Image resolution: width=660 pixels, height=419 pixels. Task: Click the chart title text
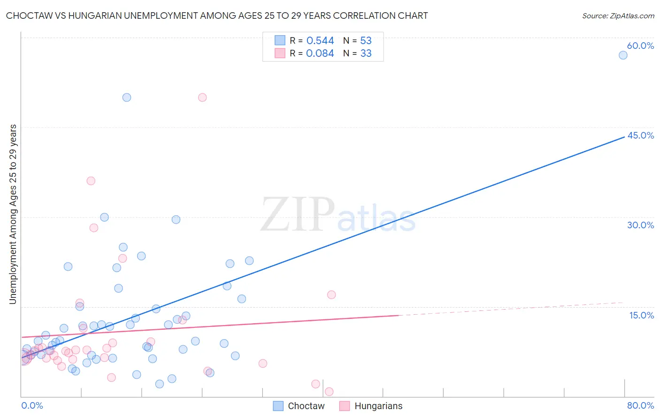(216, 16)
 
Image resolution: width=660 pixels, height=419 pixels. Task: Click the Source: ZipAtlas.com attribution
(618, 16)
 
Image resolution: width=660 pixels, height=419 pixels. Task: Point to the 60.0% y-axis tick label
(640, 46)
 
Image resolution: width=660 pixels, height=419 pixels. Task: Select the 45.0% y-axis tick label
(640, 135)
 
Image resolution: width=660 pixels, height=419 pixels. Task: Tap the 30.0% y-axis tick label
(640, 225)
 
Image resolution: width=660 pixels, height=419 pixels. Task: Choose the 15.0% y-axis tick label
(641, 315)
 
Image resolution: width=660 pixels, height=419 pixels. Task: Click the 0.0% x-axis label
(32, 405)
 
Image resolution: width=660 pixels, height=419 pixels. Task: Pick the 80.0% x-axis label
(640, 405)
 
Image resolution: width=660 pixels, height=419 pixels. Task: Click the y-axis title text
(13, 214)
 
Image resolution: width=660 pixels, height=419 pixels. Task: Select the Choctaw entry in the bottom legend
(306, 406)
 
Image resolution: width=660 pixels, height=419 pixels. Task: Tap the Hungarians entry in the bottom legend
(378, 406)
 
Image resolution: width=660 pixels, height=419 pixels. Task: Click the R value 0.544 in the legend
(320, 41)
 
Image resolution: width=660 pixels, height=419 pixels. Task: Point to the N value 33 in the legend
(366, 54)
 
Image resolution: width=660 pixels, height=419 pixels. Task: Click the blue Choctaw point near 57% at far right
(623, 55)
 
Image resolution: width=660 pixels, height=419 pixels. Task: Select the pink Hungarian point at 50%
(202, 98)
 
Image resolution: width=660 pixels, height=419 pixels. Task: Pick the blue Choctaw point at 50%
(127, 98)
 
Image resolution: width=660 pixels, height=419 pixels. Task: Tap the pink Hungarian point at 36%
(91, 181)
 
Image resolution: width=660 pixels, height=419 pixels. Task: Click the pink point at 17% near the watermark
(331, 295)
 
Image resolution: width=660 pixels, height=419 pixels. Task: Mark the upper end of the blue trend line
(624, 137)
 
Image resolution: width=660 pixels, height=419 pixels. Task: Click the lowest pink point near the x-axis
(329, 392)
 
